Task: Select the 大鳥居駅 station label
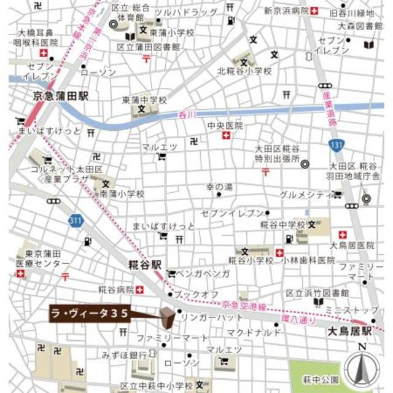(x=349, y=332)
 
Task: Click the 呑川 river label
(x=185, y=115)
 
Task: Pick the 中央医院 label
(x=225, y=125)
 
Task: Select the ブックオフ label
(x=196, y=295)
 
